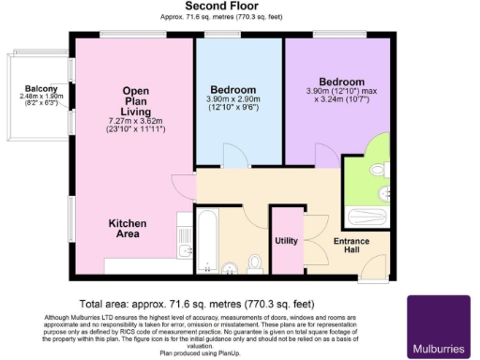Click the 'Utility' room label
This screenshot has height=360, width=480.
tap(286, 241)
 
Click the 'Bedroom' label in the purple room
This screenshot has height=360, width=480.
tap(341, 82)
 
